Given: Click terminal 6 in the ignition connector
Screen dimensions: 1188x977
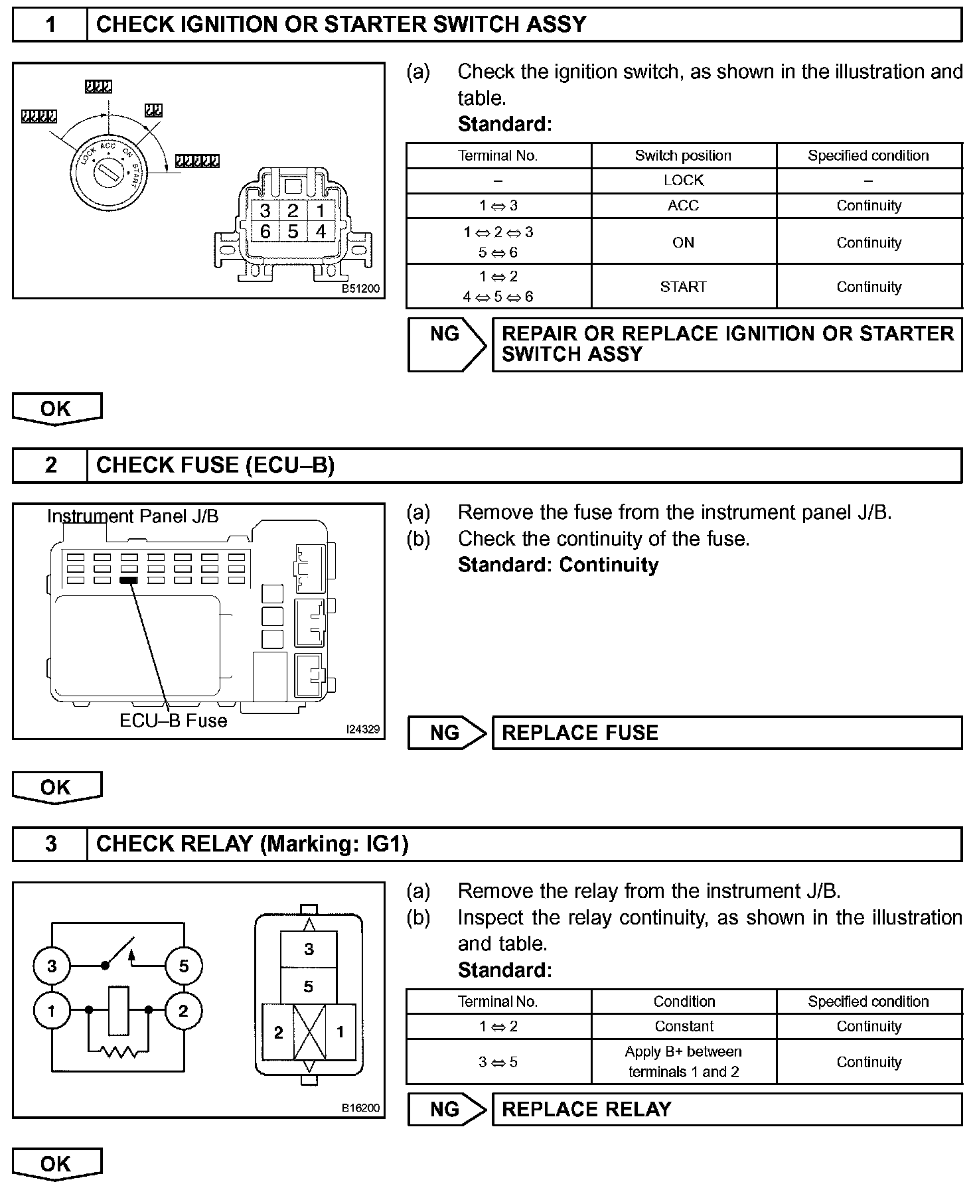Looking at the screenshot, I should (265, 232).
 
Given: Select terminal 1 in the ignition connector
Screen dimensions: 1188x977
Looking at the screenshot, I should (321, 211).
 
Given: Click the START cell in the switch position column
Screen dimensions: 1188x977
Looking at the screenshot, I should (683, 287).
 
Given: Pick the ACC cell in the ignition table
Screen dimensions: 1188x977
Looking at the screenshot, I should (683, 206).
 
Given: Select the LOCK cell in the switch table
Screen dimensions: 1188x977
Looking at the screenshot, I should (683, 181).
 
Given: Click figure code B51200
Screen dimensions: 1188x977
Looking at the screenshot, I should (360, 289).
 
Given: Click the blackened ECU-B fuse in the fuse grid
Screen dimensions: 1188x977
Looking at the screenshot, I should (128, 580).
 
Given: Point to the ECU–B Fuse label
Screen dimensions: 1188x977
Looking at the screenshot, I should (173, 721).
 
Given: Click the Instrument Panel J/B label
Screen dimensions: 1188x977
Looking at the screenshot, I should (133, 516).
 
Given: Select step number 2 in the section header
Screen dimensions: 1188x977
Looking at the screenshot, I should (50, 465).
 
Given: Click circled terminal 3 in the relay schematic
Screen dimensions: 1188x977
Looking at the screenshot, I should (52, 966).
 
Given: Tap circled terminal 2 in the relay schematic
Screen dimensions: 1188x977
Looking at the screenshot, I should (183, 1011).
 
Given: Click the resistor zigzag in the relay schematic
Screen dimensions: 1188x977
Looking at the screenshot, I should (119, 1051).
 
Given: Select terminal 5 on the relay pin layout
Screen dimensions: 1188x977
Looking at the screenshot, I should (309, 987).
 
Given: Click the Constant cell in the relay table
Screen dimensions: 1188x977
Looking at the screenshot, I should (684, 1026).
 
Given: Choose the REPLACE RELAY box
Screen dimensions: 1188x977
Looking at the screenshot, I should (726, 1109).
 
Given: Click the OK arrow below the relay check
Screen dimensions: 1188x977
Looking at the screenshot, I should (56, 1163).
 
